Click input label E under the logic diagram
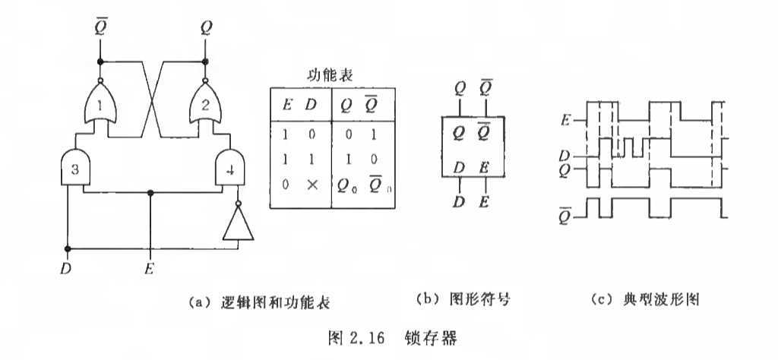click(x=152, y=267)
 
